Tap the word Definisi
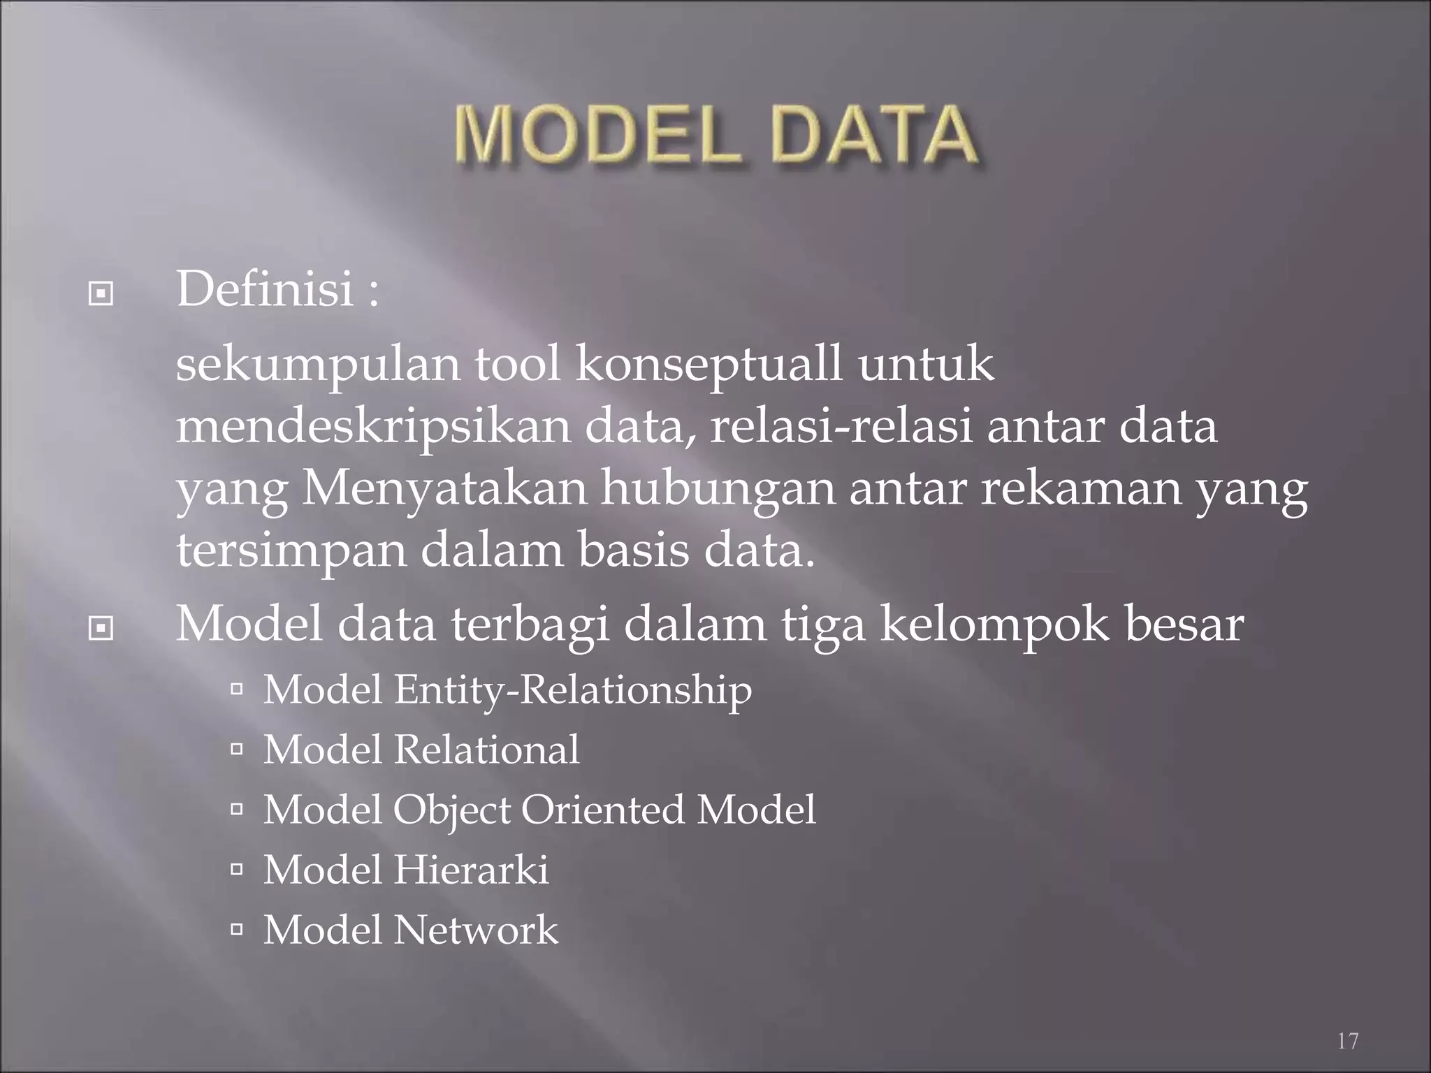click(266, 289)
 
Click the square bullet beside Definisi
click(101, 295)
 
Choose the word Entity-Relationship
click(573, 690)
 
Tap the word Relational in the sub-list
click(486, 750)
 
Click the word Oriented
click(602, 810)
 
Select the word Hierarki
click(471, 870)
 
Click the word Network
click(476, 930)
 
